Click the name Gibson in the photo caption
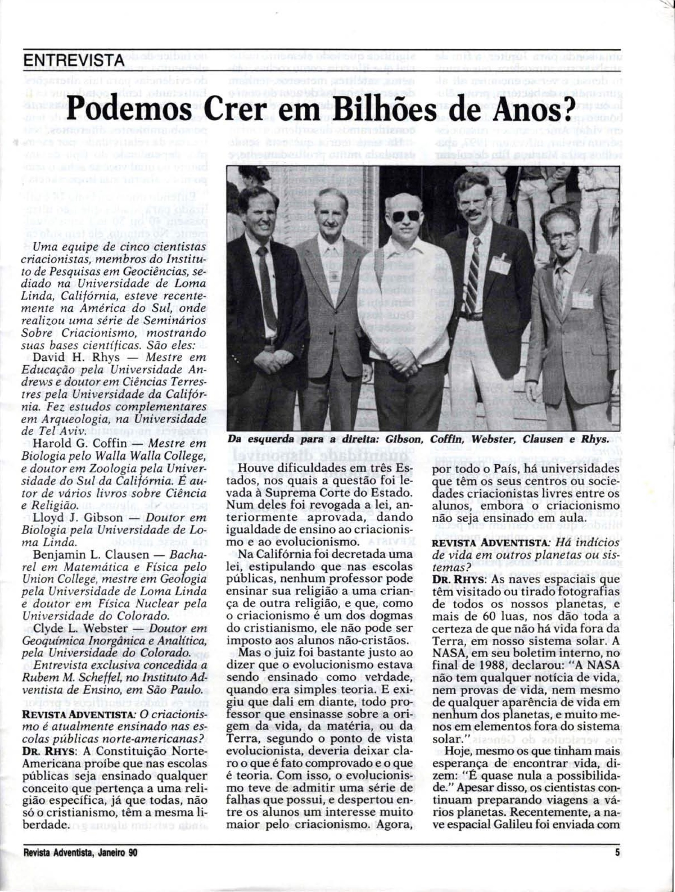pos(404,439)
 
